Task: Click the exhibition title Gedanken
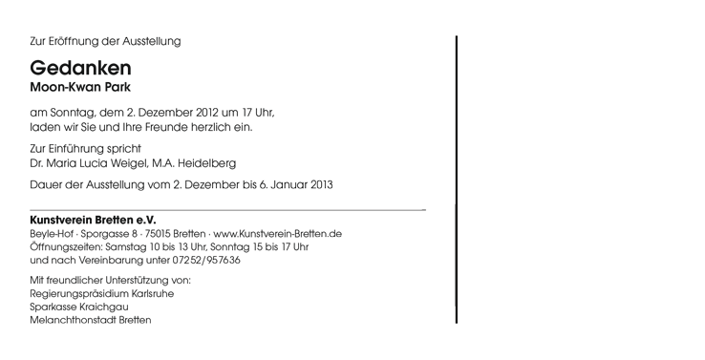[80, 68]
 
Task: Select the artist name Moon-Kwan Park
[80, 87]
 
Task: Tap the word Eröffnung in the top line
[71, 41]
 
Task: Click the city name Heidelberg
[207, 163]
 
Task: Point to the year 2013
[322, 184]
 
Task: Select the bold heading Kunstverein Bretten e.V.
[93, 221]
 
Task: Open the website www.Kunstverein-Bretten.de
[277, 234]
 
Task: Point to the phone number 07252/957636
[206, 261]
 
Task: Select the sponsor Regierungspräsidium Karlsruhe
[102, 294]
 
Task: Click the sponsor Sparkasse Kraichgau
[79, 307]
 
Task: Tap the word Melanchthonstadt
[74, 321]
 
